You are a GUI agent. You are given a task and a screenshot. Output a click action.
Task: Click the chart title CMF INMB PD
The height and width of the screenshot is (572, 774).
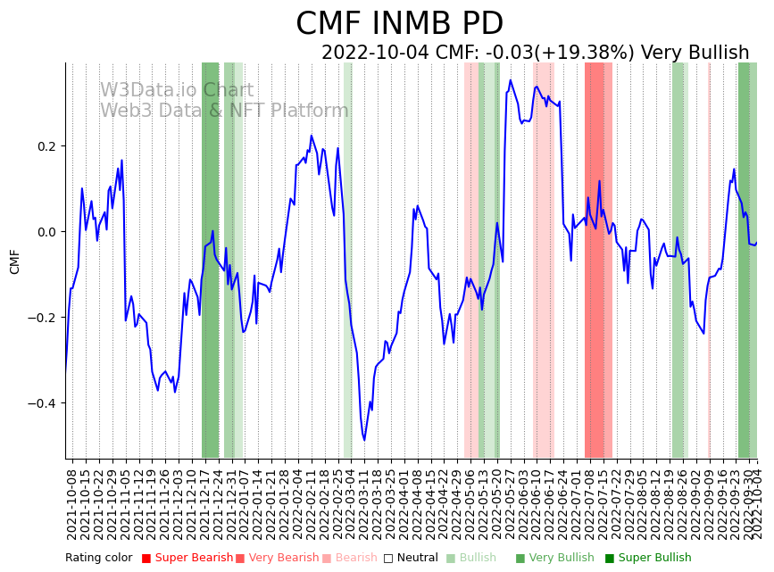coord(399,24)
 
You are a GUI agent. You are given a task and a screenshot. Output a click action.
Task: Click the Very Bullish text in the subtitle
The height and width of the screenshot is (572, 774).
coord(695,53)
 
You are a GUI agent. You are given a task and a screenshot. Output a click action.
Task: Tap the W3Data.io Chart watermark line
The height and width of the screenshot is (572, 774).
coord(176,90)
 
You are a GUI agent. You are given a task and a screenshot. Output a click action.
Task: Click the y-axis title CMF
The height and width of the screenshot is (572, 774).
coord(14,261)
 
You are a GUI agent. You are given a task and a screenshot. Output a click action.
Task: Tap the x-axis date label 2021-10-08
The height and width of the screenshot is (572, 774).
coord(72,505)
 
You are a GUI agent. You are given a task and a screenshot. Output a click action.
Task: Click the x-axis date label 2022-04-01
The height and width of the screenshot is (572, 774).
coord(404,505)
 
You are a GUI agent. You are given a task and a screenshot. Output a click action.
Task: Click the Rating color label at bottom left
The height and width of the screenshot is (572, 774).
coord(98,559)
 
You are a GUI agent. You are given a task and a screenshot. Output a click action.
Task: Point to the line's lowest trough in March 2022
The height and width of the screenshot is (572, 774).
coord(364,439)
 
